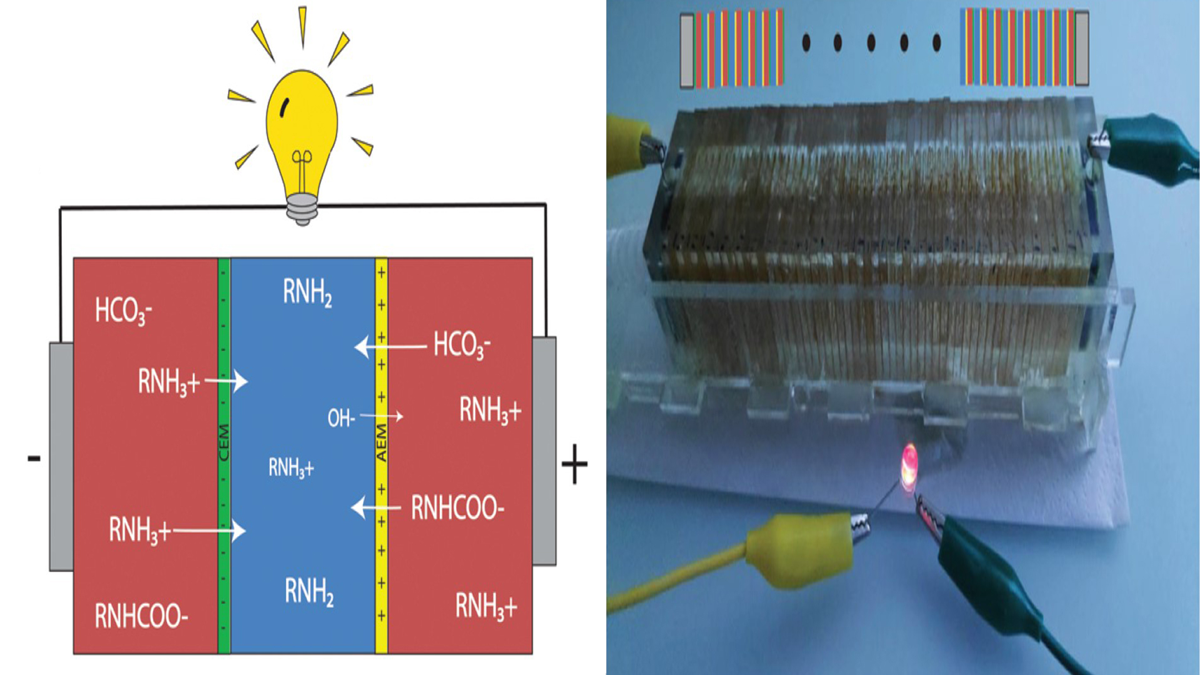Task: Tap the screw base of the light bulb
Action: (x=302, y=208)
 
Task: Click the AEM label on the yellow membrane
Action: (x=381, y=442)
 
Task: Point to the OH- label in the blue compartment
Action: (x=341, y=418)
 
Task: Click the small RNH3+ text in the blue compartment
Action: (x=291, y=467)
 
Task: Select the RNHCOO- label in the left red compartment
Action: (x=141, y=616)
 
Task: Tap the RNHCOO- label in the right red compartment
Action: (x=457, y=508)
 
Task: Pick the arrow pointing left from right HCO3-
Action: (x=390, y=346)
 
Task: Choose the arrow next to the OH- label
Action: (x=381, y=416)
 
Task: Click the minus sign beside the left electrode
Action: (x=34, y=459)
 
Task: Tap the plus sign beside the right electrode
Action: (x=574, y=464)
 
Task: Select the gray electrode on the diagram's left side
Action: (x=61, y=456)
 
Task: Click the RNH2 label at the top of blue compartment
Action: (x=307, y=292)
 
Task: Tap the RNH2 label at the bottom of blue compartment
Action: (x=309, y=591)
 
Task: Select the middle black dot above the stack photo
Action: (x=871, y=42)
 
